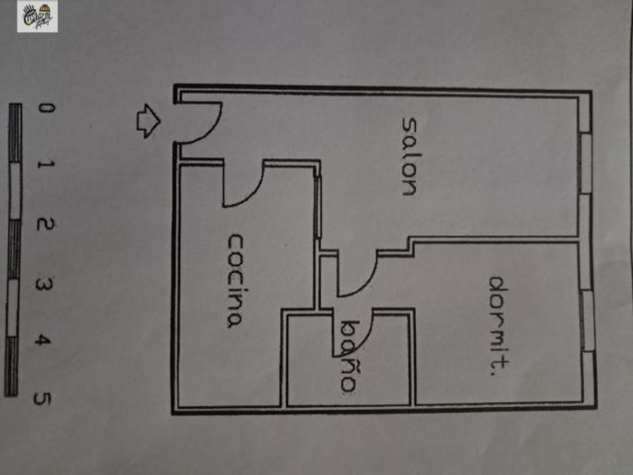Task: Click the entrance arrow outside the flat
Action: click(148, 121)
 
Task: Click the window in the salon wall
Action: click(586, 163)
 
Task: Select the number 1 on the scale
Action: click(46, 164)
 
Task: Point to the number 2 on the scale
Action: click(44, 224)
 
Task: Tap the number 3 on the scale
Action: click(44, 284)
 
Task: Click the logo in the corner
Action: click(38, 17)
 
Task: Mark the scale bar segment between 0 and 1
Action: click(16, 133)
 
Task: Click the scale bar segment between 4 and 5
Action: click(11, 366)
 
